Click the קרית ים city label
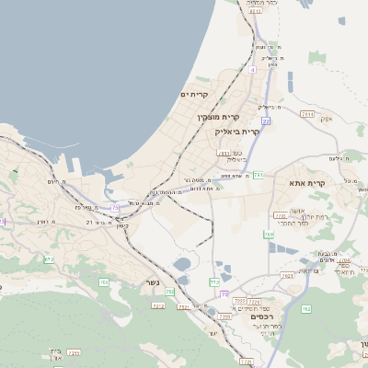click(x=195, y=94)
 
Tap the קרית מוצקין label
click(x=217, y=117)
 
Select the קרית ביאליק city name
click(x=238, y=132)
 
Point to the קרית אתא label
click(x=303, y=183)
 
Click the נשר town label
click(x=151, y=282)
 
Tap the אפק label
click(x=325, y=119)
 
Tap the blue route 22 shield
click(x=265, y=121)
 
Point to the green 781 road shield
click(x=259, y=174)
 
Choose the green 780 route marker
click(x=269, y=236)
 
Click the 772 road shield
click(x=214, y=281)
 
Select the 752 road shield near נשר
click(x=170, y=291)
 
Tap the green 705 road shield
click(x=104, y=282)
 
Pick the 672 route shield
click(x=48, y=260)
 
